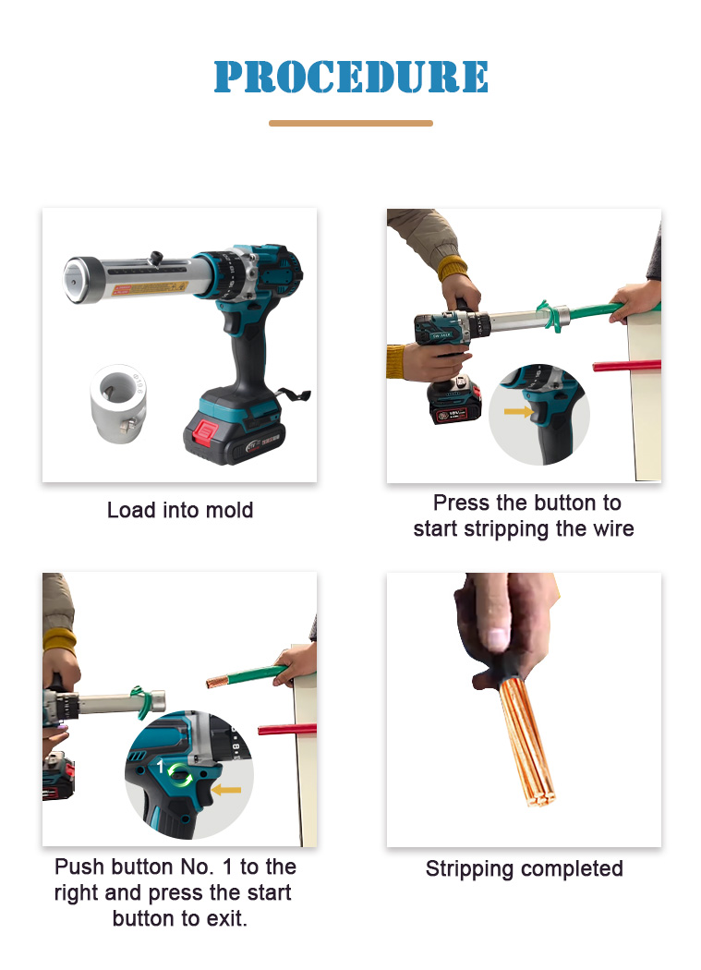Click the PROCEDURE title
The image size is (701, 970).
(x=351, y=77)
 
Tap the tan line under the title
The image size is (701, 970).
(x=351, y=123)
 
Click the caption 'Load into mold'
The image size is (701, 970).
(x=180, y=510)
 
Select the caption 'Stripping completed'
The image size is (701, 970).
(x=524, y=869)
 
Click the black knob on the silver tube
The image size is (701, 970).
(x=156, y=257)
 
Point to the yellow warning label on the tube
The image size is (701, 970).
(x=150, y=289)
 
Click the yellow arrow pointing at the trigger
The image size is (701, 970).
(x=518, y=411)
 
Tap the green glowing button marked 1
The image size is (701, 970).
(x=180, y=774)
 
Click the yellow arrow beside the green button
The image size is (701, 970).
(x=226, y=790)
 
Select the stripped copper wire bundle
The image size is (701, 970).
(x=526, y=739)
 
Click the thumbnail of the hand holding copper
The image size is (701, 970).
(x=524, y=709)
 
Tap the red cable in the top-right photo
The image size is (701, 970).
(x=627, y=366)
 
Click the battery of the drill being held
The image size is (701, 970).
(x=454, y=402)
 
